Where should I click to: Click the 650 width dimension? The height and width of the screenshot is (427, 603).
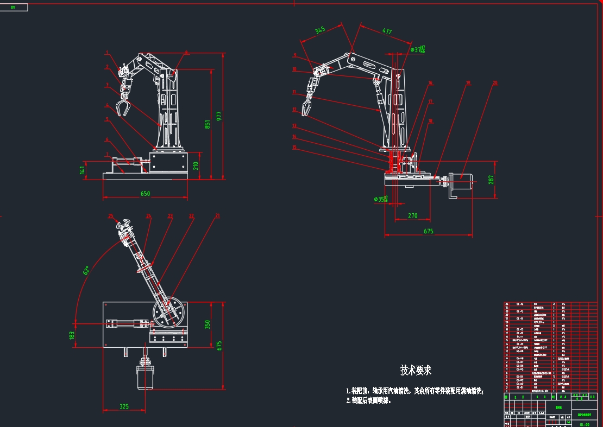pyautogui.click(x=145, y=194)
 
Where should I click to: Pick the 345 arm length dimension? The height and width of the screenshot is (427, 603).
pyautogui.click(x=320, y=31)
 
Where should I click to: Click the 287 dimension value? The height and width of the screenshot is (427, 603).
pyautogui.click(x=492, y=179)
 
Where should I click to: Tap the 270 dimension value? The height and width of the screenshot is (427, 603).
pyautogui.click(x=412, y=215)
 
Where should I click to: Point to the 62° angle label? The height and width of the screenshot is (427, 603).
pyautogui.click(x=86, y=270)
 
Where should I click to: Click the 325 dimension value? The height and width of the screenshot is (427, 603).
pyautogui.click(x=124, y=406)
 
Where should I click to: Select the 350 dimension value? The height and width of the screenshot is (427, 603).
pyautogui.click(x=207, y=324)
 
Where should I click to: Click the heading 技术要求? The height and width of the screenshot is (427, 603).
pyautogui.click(x=416, y=370)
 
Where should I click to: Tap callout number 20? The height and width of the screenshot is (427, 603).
pyautogui.click(x=495, y=83)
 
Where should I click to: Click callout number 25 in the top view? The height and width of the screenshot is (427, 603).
pyautogui.click(x=111, y=216)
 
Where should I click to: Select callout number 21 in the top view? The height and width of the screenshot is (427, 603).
pyautogui.click(x=218, y=216)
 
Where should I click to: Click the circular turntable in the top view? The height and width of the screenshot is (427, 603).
pyautogui.click(x=169, y=314)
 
